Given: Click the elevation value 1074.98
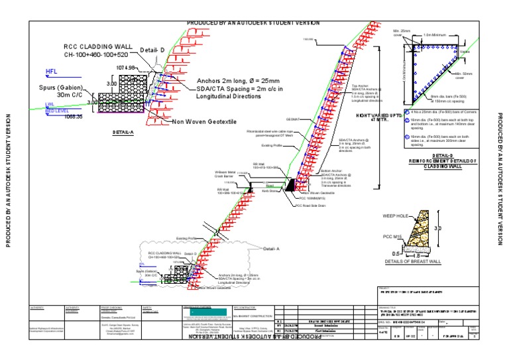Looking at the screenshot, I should click(x=126, y=68).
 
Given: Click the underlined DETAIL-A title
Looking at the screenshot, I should click(x=123, y=133).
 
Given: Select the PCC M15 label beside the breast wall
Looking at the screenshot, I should click(x=393, y=237).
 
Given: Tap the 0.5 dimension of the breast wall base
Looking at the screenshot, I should click(x=396, y=253).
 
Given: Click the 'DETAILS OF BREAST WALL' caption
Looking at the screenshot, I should click(x=413, y=262).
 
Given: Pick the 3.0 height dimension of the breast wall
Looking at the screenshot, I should click(x=436, y=228).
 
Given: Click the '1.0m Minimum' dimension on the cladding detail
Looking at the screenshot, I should click(x=433, y=34).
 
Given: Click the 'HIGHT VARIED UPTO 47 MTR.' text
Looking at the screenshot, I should click(x=380, y=117).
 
